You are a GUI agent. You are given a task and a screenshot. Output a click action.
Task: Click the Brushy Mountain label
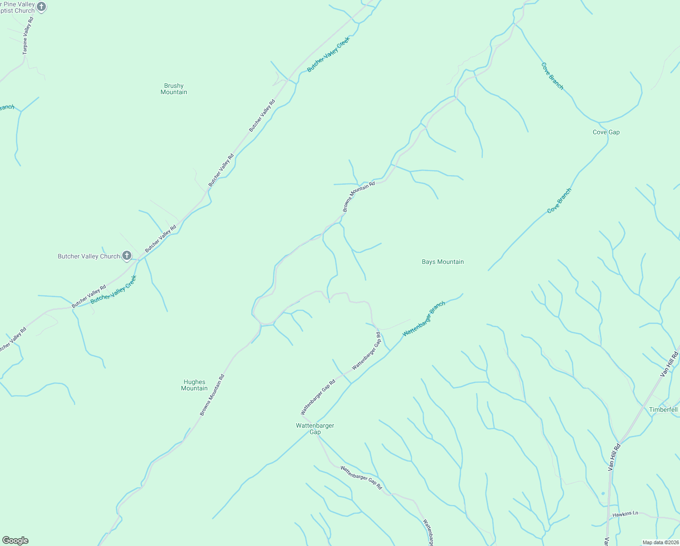pos(174,89)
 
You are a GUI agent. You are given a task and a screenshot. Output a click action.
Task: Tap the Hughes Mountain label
pos(195,385)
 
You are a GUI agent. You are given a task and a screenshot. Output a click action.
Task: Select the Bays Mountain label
pos(443,262)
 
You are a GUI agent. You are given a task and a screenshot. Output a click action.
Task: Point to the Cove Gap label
pos(606,132)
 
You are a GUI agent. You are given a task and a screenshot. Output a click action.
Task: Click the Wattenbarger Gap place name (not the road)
pos(315,429)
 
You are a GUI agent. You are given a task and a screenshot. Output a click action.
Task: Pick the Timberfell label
pos(663,409)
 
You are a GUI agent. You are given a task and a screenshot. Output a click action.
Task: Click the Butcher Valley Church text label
pos(89,256)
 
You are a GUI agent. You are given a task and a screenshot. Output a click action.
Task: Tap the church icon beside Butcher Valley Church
pos(127,256)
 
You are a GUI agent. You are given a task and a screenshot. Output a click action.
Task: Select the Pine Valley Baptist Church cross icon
pos(41,7)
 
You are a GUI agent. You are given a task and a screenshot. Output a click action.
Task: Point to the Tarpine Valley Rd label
pos(28,36)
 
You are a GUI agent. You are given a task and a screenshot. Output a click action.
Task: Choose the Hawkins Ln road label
pos(625,514)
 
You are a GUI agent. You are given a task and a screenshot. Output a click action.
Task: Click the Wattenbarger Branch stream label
pos(424,319)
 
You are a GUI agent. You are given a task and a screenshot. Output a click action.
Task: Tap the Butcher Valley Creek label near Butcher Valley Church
pos(113,290)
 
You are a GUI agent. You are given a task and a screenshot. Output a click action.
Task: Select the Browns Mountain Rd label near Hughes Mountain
pos(212,395)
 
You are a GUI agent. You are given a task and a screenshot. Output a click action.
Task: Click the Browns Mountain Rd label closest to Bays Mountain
pos(359,197)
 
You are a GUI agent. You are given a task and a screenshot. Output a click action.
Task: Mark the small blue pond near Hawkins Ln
pos(603,493)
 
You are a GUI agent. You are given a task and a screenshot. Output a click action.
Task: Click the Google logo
pos(15,541)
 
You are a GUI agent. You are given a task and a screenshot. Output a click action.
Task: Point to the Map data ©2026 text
pos(660,542)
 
